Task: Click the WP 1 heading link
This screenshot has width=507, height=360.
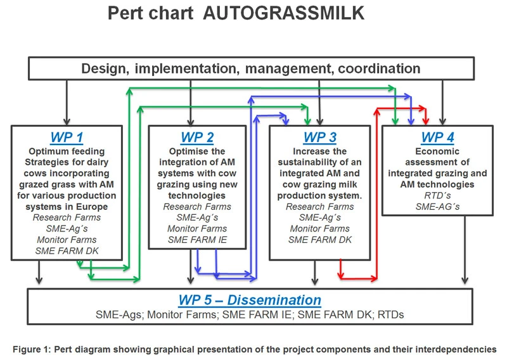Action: tap(67, 138)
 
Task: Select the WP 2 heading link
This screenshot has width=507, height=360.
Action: tap(197, 138)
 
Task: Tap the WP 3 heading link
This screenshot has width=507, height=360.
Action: tap(320, 138)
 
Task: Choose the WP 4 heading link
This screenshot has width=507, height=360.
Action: tap(437, 138)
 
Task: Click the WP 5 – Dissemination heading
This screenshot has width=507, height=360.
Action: tap(250, 300)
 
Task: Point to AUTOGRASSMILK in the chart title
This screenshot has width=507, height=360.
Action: tap(283, 13)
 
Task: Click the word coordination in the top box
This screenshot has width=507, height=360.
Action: tap(379, 68)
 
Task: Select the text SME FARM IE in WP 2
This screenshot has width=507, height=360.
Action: tap(197, 240)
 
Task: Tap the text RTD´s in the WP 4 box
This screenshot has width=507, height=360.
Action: tap(437, 195)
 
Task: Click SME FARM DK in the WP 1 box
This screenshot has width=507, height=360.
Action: tap(67, 251)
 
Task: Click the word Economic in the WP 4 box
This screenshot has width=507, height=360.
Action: tap(437, 151)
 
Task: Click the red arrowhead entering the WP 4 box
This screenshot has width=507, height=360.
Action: tap(426, 121)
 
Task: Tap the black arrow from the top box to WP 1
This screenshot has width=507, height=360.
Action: tap(67, 103)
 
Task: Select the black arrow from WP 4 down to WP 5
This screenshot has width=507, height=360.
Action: tap(465, 250)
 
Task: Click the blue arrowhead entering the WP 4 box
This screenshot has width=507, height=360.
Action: tap(411, 121)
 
